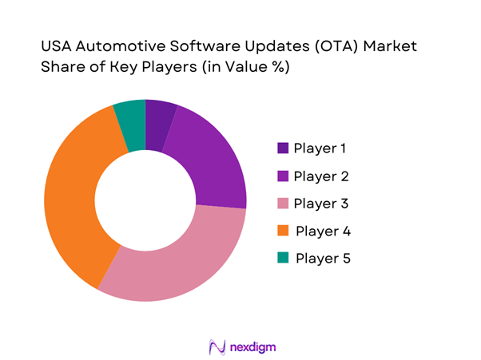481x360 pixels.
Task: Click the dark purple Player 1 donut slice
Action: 158,125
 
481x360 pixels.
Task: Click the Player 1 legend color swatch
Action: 283,148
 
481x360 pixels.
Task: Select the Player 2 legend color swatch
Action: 283,176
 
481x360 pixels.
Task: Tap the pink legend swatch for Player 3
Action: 283,204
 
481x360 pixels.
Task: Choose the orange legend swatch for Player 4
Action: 283,231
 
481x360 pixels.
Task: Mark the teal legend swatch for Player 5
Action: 283,259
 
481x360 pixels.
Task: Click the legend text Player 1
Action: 321,148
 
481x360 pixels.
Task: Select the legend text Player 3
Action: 322,204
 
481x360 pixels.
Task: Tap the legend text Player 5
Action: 323,259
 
